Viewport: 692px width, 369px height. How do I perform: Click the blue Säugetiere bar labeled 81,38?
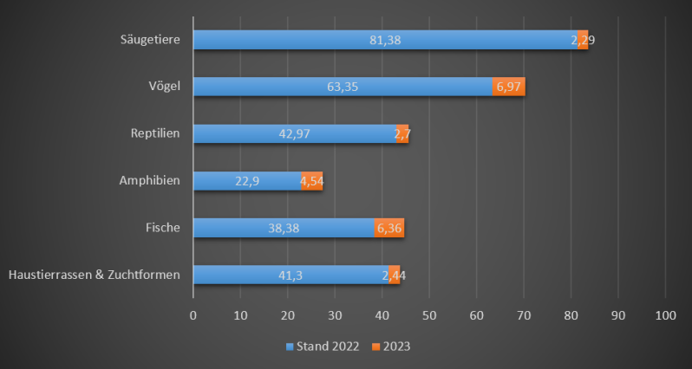tap(385, 40)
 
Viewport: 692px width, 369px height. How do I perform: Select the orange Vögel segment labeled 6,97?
tap(509, 87)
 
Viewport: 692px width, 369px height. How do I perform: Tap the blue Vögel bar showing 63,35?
tap(343, 87)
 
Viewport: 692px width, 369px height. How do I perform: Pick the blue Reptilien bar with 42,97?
tap(295, 133)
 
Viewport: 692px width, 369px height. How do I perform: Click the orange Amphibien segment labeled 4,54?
tap(312, 181)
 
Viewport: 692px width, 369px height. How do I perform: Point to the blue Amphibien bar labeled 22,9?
tap(247, 181)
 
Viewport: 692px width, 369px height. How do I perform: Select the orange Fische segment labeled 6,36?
tap(388, 228)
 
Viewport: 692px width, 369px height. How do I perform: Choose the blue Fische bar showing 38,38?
tap(284, 228)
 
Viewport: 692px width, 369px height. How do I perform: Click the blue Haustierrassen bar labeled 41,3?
tap(291, 275)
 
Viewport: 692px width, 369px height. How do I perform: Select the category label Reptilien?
tap(154, 133)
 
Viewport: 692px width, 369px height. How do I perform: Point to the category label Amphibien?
tap(149, 180)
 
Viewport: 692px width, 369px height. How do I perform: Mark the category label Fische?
tap(162, 228)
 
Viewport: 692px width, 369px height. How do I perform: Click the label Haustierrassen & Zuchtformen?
tap(94, 275)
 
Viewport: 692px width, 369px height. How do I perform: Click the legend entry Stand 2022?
tap(322, 346)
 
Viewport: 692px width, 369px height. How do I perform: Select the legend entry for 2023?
tap(391, 346)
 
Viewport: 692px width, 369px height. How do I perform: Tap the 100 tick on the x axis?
tap(665, 315)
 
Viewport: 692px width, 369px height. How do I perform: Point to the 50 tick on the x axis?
tap(429, 315)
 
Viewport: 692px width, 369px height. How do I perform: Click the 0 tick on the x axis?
tap(193, 315)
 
